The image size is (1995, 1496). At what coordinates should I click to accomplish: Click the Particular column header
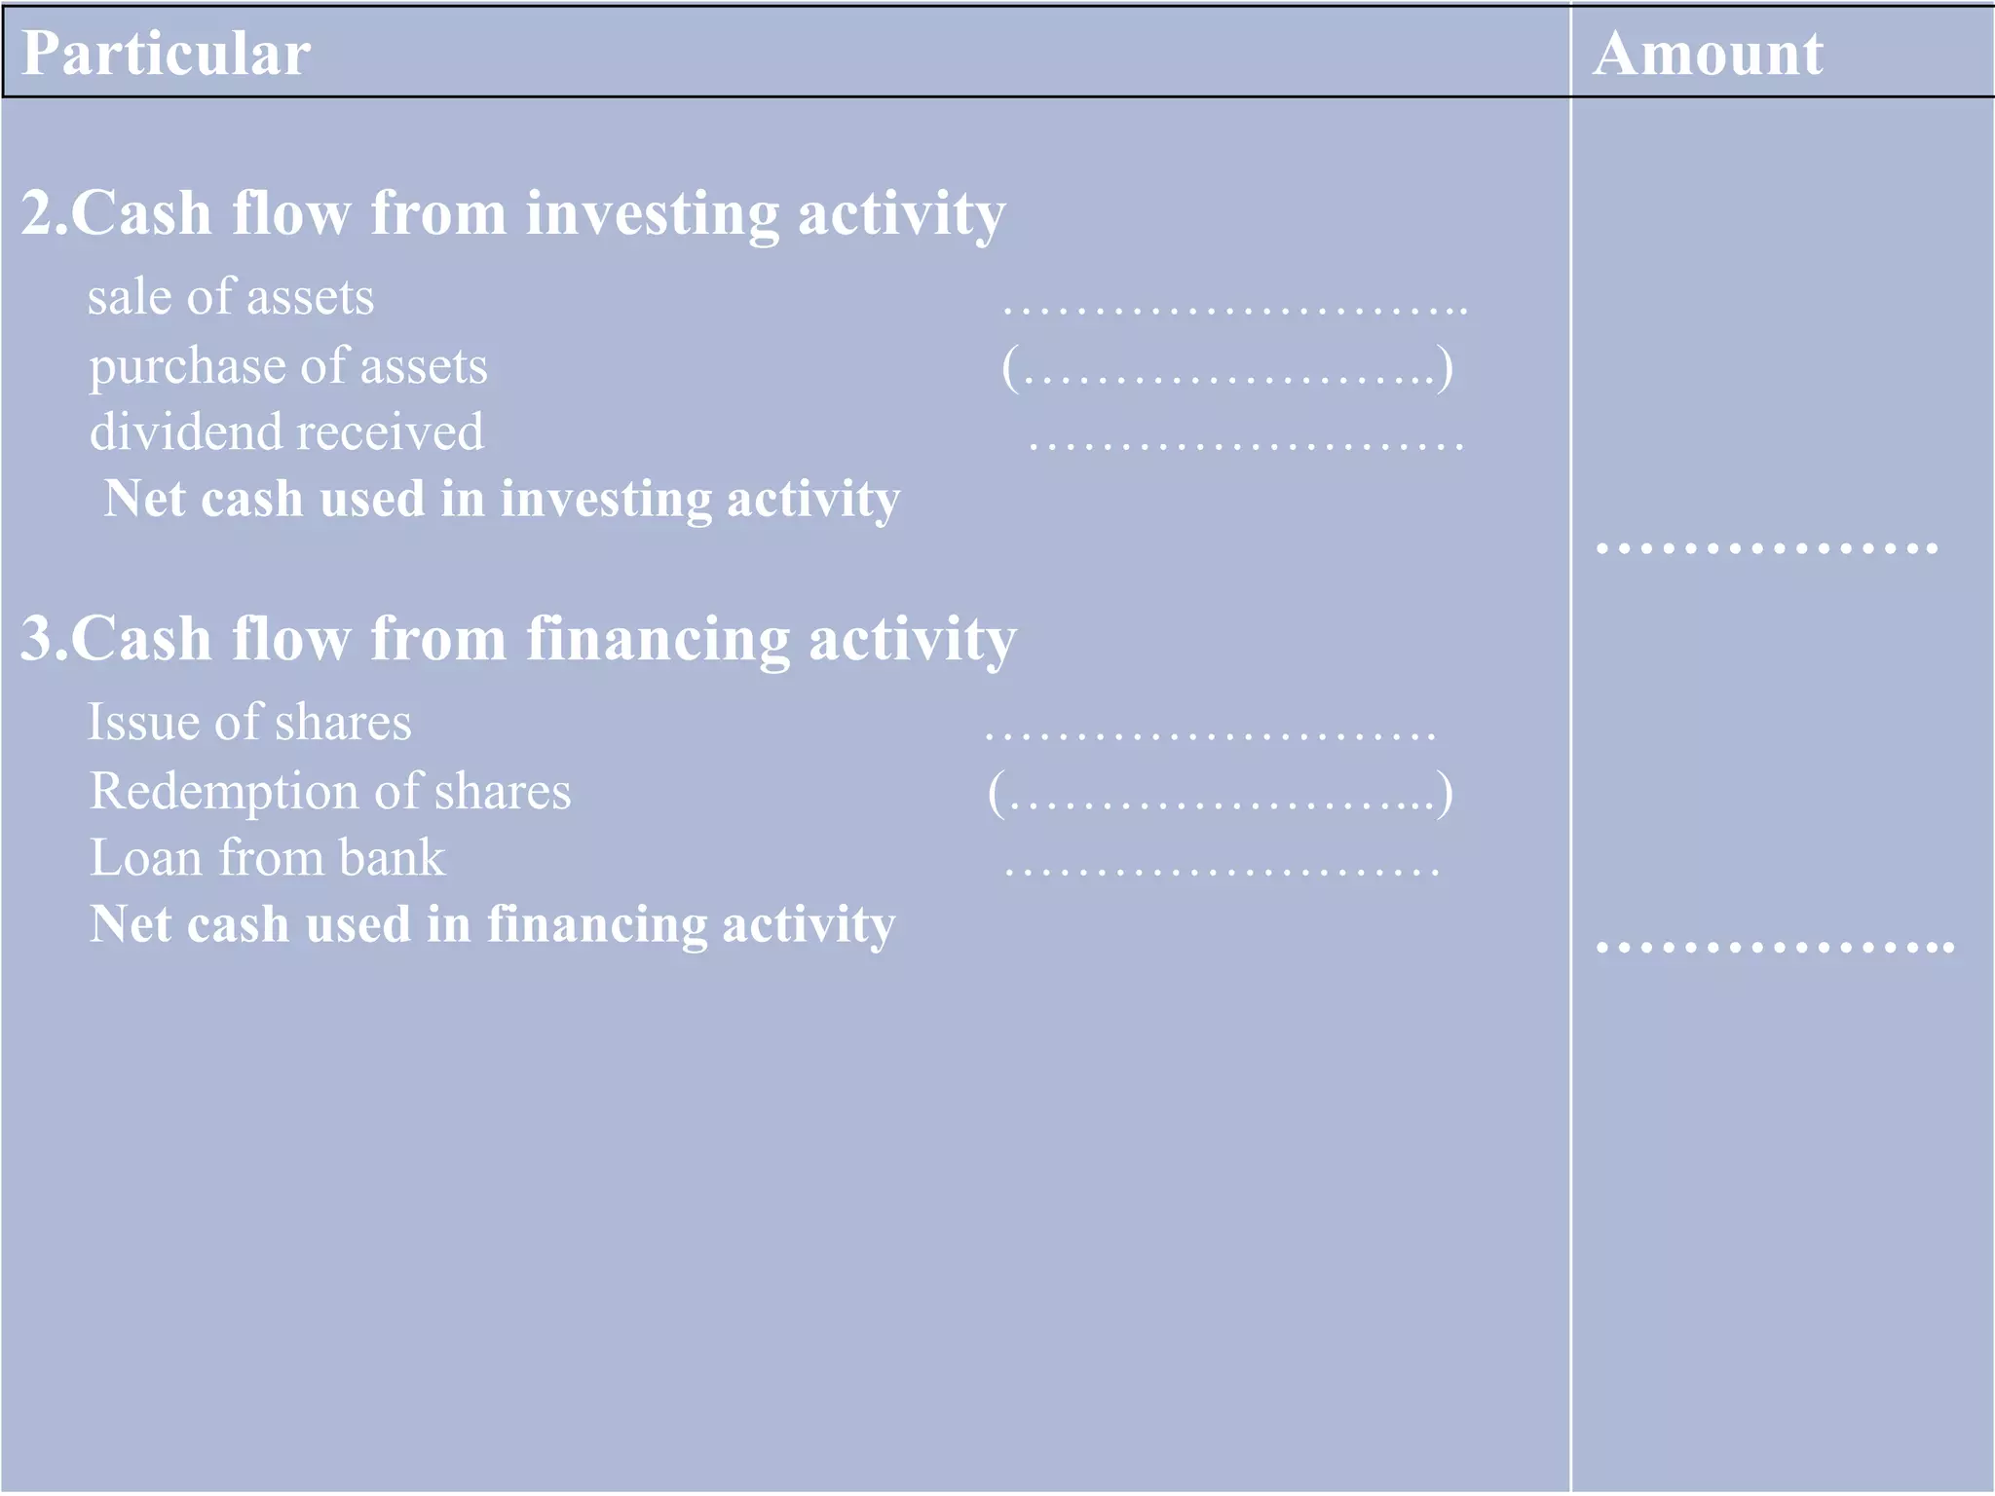(x=166, y=54)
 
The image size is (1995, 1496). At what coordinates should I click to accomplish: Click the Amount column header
(x=1708, y=54)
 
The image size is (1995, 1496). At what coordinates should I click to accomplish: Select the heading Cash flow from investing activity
(x=513, y=213)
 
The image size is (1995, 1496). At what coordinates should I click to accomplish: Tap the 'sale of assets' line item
(x=231, y=297)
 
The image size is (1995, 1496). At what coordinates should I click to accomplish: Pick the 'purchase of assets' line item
(x=288, y=367)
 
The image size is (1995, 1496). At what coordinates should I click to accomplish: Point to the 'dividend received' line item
(x=286, y=432)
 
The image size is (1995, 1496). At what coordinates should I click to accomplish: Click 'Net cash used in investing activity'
(x=502, y=500)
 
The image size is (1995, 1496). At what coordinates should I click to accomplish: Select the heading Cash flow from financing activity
(x=518, y=640)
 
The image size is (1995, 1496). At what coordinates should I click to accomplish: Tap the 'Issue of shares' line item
(x=249, y=723)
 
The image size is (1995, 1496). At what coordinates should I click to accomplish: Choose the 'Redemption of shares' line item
(x=330, y=792)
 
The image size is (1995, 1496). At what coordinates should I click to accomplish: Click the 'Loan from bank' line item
(x=268, y=858)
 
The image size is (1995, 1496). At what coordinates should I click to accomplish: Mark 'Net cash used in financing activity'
(x=492, y=925)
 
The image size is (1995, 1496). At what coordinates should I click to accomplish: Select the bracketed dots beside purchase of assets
(x=1227, y=369)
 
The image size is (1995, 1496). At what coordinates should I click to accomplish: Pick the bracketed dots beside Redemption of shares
(x=1221, y=794)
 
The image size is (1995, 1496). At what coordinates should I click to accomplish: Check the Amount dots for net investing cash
(x=1767, y=548)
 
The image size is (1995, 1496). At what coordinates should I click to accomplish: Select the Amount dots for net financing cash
(x=1775, y=946)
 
